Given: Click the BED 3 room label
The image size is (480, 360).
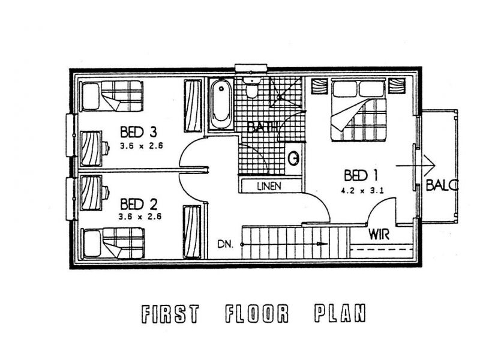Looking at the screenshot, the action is coord(139,132).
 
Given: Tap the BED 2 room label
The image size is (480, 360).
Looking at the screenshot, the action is coord(139,204).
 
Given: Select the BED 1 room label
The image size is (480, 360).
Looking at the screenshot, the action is coord(361,175).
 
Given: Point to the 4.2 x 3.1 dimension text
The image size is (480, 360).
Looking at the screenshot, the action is coord(362,191).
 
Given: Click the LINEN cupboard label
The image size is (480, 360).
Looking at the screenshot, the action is coord(269,186).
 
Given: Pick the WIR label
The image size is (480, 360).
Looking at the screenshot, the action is coord(379,235).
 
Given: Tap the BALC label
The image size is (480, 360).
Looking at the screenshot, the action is coord(442,185).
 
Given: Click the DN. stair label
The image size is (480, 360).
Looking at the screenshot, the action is coord(226,244).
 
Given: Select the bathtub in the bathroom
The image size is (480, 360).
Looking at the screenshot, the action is coord(221,104).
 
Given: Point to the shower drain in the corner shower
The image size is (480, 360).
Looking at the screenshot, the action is coord(279,97).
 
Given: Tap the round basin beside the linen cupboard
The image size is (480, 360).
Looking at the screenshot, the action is coord(294,158).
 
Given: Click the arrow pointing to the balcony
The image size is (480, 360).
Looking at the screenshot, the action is coord(415,166).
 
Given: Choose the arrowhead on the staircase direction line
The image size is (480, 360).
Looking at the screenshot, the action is coord(322,244).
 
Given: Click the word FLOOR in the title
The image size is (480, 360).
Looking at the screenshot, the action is coord(257,313).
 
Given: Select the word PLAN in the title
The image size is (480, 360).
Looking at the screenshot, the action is coord(340,313).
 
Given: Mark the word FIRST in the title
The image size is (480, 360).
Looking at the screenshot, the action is coord(170,314).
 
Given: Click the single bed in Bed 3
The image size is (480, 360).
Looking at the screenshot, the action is coord(112,96).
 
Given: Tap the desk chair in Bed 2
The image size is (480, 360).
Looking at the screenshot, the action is coord(106,193).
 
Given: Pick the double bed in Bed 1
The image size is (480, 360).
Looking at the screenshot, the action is coord(358,110).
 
